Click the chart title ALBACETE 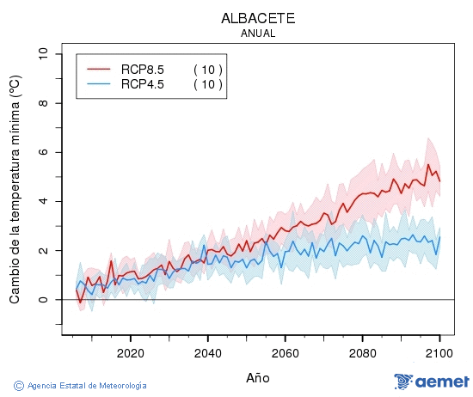click(x=259, y=18)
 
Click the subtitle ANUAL click(x=259, y=34)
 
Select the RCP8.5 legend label click(x=143, y=70)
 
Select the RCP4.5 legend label click(x=143, y=83)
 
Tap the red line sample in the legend click(x=99, y=70)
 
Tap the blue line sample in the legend click(x=99, y=83)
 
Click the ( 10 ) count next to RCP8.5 click(x=207, y=70)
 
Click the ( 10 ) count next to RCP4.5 click(x=207, y=83)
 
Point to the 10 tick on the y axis click(x=44, y=54)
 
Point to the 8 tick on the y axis click(x=44, y=103)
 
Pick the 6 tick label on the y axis click(x=44, y=152)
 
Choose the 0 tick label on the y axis click(x=44, y=300)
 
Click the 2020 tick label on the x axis click(x=130, y=352)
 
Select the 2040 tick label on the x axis click(x=207, y=352)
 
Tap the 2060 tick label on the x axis click(x=285, y=352)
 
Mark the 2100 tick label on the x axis click(x=439, y=352)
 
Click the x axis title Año click(x=258, y=377)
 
